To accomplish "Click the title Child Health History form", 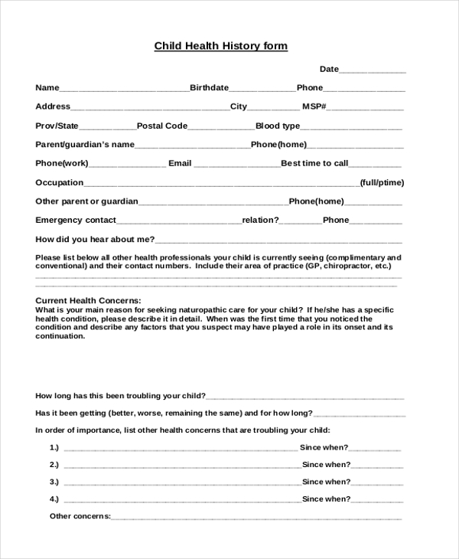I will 221,46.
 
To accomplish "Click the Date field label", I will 329,69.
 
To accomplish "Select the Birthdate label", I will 209,88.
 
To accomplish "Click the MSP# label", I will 314,106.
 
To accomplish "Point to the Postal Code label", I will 162,126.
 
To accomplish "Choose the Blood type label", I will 278,126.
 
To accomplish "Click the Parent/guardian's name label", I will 85,145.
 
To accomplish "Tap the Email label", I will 180,163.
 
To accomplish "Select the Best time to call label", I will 314,163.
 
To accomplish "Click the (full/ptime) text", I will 382,182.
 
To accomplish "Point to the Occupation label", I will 60,182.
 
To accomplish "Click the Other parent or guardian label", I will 86,201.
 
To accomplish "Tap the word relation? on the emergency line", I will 261,220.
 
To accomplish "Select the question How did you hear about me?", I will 96,239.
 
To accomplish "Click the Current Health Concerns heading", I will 89,300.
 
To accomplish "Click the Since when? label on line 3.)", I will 326,482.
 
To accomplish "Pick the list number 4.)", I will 54,499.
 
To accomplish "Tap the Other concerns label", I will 80,516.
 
